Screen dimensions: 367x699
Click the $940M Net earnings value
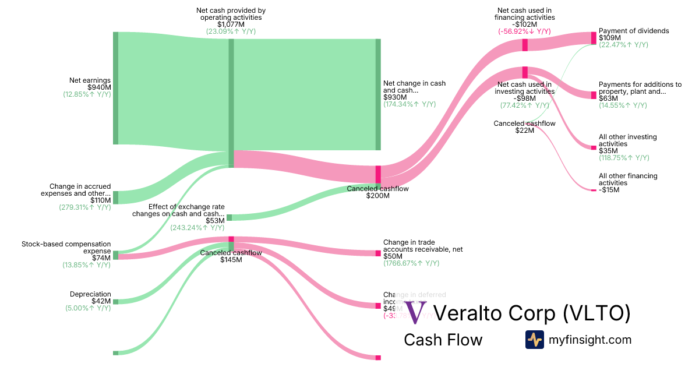click(x=98, y=87)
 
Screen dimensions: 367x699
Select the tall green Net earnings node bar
click(x=115, y=88)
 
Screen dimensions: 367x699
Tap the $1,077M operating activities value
click(x=231, y=24)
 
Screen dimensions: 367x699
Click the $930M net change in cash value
click(x=393, y=97)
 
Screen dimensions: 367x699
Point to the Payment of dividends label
click(x=634, y=31)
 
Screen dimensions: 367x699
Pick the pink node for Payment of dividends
click(x=594, y=38)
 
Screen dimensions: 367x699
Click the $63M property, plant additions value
click(x=608, y=98)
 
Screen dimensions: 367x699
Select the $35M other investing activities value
click(x=608, y=151)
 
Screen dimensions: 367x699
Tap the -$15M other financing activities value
click(x=608, y=190)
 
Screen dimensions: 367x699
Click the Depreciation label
click(x=90, y=294)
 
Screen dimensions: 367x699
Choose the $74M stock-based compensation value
click(x=101, y=258)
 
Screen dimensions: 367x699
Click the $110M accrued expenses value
click(x=100, y=200)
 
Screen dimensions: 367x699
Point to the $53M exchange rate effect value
click(x=215, y=221)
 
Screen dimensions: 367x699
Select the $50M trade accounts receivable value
click(x=393, y=256)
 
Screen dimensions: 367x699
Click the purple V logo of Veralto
click(x=416, y=313)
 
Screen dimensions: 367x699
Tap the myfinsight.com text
click(x=590, y=340)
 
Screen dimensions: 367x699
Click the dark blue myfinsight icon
click(x=534, y=340)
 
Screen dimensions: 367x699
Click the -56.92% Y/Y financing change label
click(x=524, y=31)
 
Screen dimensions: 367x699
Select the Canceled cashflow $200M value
click(x=377, y=196)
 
